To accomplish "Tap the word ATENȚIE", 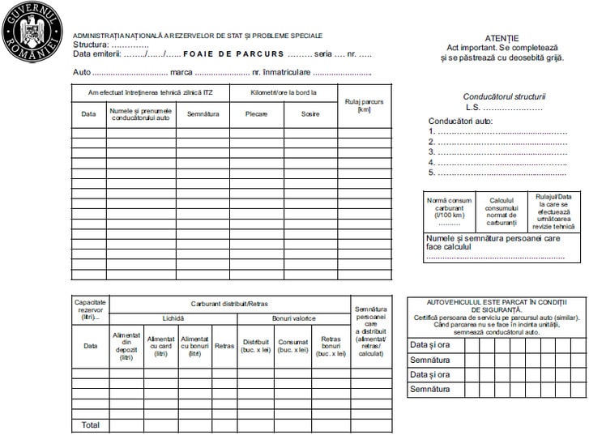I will [x=502, y=38].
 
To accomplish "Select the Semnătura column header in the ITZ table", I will [x=203, y=113].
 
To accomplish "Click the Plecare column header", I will [x=256, y=113].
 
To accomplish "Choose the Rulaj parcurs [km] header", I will [x=364, y=104].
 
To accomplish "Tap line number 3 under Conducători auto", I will [x=432, y=151].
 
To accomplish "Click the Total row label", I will [x=90, y=424].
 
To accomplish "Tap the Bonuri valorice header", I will [x=293, y=318].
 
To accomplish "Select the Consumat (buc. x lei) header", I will [x=292, y=345].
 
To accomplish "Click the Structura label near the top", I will [x=91, y=45].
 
